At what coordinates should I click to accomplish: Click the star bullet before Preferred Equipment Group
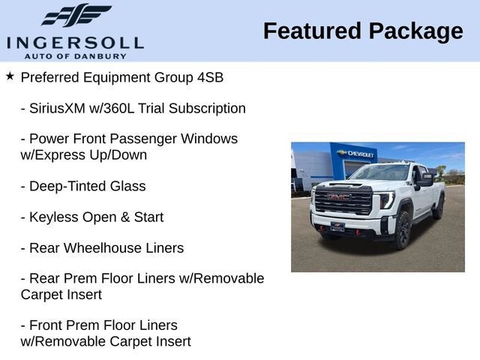pos(10,76)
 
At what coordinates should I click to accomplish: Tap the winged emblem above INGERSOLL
pos(75,16)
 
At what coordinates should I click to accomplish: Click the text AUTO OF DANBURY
pos(74,55)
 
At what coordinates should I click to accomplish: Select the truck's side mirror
pos(425,179)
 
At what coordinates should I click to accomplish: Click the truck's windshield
pos(380,173)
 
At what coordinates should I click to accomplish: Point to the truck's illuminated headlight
pos(387,200)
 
